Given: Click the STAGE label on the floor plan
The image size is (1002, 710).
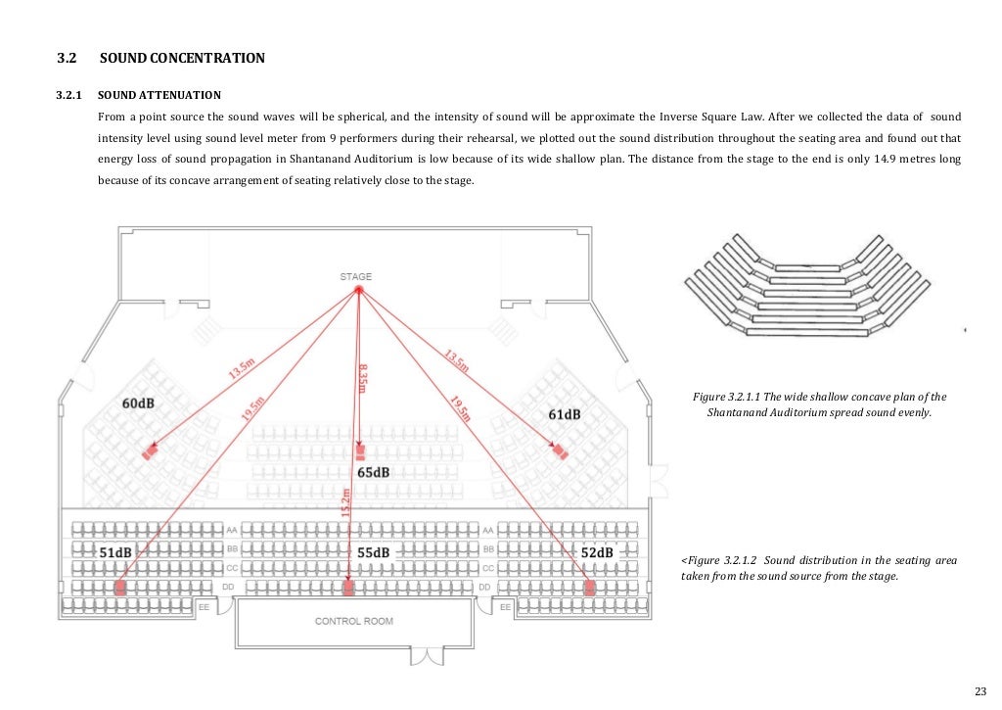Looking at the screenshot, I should point(355,276).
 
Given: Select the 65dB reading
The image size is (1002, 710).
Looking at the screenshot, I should point(373,472).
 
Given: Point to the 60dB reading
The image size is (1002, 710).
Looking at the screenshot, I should point(138,403).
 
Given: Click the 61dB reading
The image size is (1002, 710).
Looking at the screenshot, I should point(564,414).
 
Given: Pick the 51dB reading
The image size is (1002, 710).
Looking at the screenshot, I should point(115,552).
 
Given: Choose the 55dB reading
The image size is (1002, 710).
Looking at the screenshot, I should point(373,552).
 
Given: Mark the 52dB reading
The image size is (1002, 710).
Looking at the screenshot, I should point(597,552).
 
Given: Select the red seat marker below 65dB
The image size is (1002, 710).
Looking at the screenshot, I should point(360,453).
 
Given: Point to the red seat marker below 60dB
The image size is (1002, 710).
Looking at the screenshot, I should point(150,451).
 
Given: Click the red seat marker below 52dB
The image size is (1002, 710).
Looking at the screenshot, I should point(589,588).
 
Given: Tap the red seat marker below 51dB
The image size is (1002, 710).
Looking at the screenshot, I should point(120,588).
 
